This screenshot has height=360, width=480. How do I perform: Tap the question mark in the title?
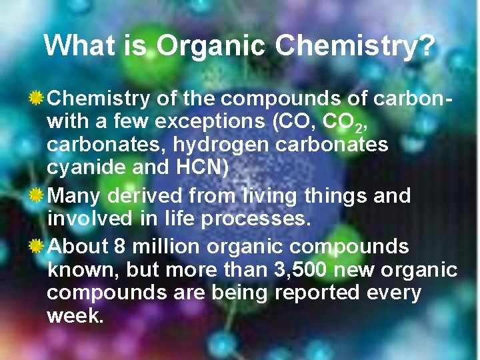pyautogui.click(x=427, y=46)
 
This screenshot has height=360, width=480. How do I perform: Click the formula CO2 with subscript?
pyautogui.click(x=345, y=123)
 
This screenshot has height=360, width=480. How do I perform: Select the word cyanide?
pyautogui.click(x=87, y=168)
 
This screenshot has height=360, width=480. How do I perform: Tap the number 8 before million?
pyautogui.click(x=119, y=247)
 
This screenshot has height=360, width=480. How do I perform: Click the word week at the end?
pyautogui.click(x=74, y=316)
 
